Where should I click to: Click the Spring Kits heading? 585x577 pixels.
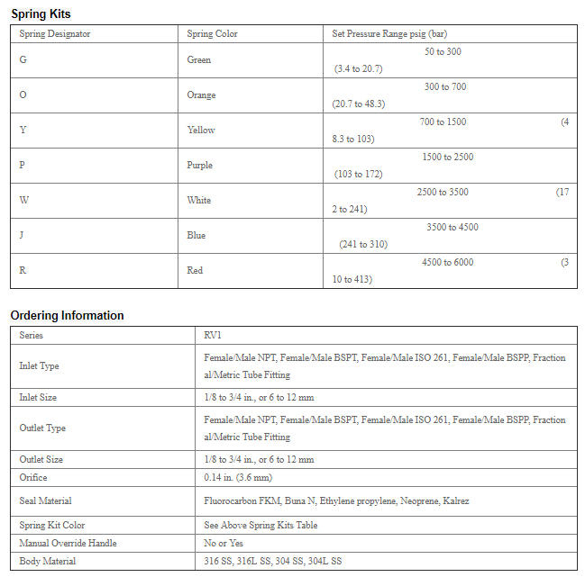(x=41, y=14)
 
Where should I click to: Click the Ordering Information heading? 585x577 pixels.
(x=67, y=316)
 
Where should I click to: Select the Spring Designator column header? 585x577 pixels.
(x=55, y=34)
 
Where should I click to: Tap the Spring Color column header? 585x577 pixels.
(x=212, y=34)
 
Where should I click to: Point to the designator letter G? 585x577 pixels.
(x=23, y=60)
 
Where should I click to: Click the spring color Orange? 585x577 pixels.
(x=201, y=95)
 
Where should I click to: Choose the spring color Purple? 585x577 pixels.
(x=200, y=166)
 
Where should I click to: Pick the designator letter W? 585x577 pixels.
(x=23, y=201)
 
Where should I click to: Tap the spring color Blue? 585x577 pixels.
(x=196, y=236)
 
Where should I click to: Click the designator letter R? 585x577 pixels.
(x=23, y=271)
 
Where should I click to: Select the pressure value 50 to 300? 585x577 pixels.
(x=443, y=52)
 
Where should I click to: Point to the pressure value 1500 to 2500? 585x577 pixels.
(x=447, y=158)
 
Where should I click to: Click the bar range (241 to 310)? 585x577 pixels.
(x=362, y=244)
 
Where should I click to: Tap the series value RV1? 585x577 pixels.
(x=213, y=336)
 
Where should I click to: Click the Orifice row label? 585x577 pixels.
(x=33, y=478)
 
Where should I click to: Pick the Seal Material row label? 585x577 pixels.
(x=46, y=501)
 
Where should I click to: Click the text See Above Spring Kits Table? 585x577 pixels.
(x=261, y=526)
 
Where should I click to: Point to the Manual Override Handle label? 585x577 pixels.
(x=68, y=544)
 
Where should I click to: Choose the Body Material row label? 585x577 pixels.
(x=48, y=562)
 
